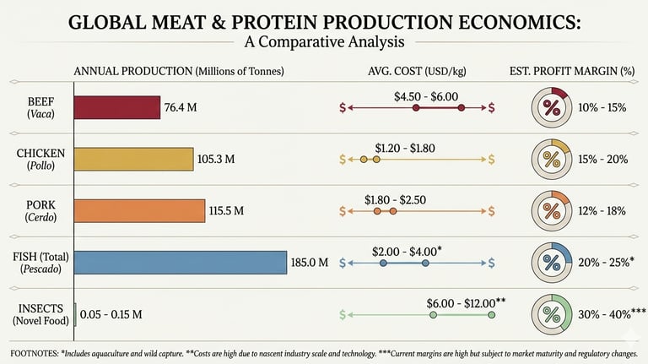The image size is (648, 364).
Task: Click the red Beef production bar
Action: tap(117, 107)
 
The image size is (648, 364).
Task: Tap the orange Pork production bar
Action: tap(140, 210)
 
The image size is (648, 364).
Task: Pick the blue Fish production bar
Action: tap(181, 263)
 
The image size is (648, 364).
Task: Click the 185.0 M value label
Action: tap(309, 263)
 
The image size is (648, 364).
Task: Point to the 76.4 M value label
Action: tap(182, 107)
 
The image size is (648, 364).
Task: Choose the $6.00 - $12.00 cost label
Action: tap(466, 302)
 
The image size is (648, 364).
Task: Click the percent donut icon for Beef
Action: tap(552, 107)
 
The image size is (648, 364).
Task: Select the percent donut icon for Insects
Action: tap(552, 315)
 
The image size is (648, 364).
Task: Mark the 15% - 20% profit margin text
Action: tap(602, 159)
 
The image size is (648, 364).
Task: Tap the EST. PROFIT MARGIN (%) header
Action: tap(571, 71)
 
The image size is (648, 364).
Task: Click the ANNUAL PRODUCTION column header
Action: tap(179, 71)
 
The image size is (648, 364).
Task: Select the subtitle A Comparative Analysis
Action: tap(323, 41)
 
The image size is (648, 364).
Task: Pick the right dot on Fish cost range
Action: tap(425, 263)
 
